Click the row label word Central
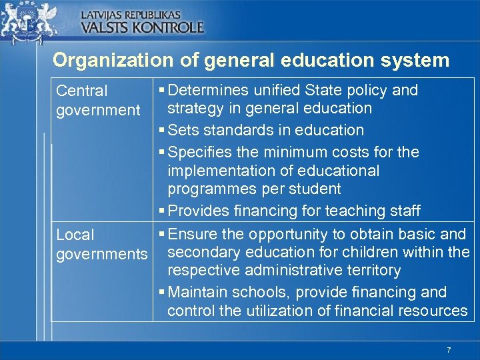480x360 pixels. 81,91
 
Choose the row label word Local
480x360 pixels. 75,235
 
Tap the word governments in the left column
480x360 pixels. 102,254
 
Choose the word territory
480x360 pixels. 374,270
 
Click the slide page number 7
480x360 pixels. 449,351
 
